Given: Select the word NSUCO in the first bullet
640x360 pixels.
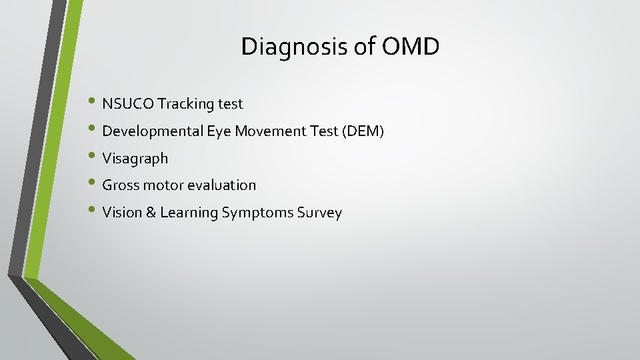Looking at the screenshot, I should (128, 104).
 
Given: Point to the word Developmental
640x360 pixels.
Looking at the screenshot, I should (153, 131).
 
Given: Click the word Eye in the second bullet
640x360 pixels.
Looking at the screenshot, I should (218, 131).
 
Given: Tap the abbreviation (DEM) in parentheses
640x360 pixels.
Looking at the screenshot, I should (363, 131).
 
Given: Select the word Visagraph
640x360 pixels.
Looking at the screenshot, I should (135, 159).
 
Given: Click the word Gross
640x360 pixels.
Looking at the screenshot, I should (120, 185).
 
